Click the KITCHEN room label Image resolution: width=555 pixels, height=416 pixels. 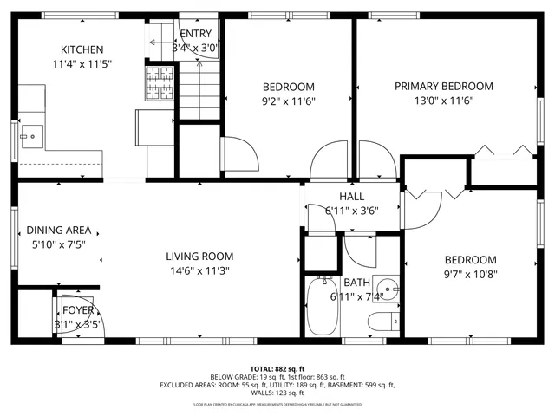(x=82, y=50)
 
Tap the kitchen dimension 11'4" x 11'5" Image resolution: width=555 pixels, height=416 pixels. (x=82, y=64)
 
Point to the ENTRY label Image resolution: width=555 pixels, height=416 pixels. (x=195, y=34)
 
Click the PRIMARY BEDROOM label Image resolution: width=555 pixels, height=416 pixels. (x=443, y=86)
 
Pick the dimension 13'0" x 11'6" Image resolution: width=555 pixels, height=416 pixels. (x=443, y=100)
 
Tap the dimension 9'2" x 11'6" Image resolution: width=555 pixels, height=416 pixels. (x=288, y=101)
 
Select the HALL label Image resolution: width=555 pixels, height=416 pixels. (x=351, y=197)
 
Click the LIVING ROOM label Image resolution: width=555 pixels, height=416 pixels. (x=199, y=256)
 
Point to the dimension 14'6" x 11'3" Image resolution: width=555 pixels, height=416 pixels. (x=199, y=270)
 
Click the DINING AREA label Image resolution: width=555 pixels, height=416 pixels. (x=59, y=230)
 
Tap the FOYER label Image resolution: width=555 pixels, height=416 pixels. (x=77, y=311)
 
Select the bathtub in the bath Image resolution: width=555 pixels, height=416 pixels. (x=322, y=308)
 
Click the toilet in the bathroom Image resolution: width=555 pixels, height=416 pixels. (x=382, y=323)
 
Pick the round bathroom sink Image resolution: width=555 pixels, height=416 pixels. (x=389, y=289)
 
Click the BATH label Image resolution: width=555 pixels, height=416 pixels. (x=356, y=283)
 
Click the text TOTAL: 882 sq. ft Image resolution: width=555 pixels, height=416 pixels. (x=277, y=368)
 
